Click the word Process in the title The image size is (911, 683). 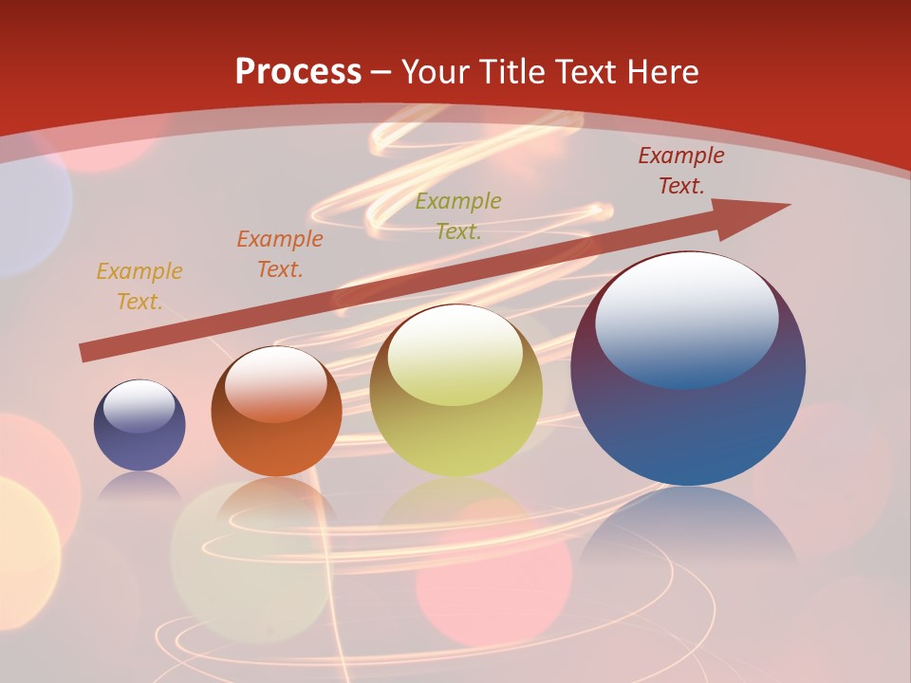coord(298,71)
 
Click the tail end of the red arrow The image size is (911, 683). coord(85,352)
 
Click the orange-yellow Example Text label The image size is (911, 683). coord(139,286)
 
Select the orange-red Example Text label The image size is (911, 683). coord(280,253)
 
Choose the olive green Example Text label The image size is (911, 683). coord(458,215)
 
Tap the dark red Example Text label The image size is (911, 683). coord(681,171)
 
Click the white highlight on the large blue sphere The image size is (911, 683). coord(686,318)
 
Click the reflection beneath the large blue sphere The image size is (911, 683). coord(688,541)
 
